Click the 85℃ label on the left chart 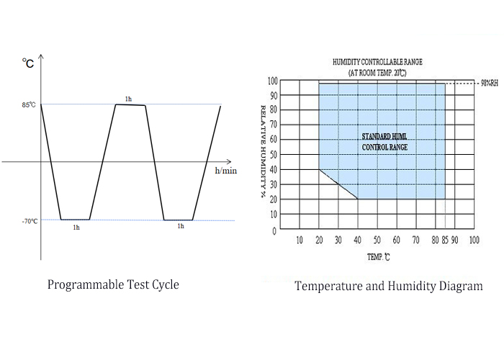coord(30,105)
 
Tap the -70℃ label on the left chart coord(30,221)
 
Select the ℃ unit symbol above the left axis coord(28,64)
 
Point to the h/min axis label coord(225,171)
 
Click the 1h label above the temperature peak coord(128,98)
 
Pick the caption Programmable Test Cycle coord(113,284)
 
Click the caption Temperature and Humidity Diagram coord(389,286)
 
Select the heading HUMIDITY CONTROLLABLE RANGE coord(378,63)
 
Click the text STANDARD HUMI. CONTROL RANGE coord(384,141)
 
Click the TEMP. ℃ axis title coord(378,256)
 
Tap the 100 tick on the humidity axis coord(272,81)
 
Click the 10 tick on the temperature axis coord(300,240)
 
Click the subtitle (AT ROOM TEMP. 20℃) coord(378,73)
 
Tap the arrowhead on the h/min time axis coord(228,162)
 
